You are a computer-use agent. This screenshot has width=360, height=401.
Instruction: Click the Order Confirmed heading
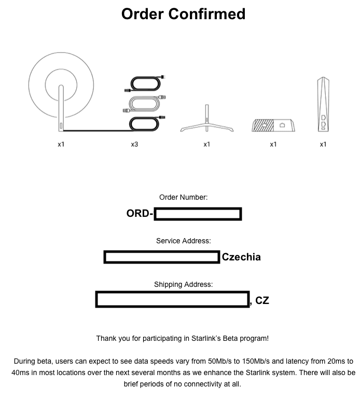[x=183, y=14]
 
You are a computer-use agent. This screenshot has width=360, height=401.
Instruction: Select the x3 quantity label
[x=134, y=145]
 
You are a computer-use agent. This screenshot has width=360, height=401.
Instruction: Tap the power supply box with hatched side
[x=273, y=126]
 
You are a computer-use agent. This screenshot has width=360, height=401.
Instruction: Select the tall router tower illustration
[x=323, y=104]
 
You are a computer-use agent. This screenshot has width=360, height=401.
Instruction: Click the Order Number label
[x=183, y=197]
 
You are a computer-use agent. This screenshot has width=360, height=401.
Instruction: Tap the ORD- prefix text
[x=140, y=213]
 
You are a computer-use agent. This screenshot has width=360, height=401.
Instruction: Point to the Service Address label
[x=183, y=241]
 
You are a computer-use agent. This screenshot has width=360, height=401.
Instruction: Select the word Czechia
[x=241, y=257]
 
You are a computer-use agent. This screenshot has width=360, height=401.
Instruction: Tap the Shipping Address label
[x=183, y=284]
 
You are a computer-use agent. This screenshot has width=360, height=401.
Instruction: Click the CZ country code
[x=262, y=300]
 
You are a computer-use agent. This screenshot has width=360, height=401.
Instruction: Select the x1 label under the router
[x=323, y=145]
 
